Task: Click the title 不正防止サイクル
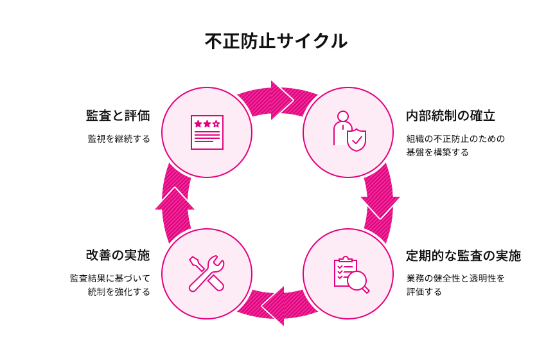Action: [277, 41]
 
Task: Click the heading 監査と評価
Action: [118, 116]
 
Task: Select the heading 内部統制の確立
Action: [450, 116]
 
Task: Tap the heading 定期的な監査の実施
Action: [463, 256]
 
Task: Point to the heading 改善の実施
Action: [118, 255]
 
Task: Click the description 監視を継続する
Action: [119, 138]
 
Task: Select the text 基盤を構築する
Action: [437, 152]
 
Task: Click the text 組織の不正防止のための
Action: [455, 138]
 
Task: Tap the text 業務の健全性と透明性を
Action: [455, 278]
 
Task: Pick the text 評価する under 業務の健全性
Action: [424, 292]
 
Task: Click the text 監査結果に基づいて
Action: [110, 278]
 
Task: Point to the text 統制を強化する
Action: [119, 292]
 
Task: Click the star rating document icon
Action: [207, 132]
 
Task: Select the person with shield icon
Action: [348, 131]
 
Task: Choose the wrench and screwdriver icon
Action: [207, 273]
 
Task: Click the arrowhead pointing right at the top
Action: [281, 100]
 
